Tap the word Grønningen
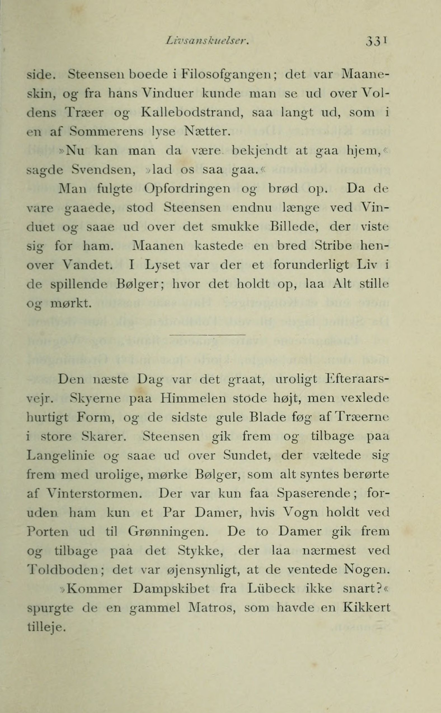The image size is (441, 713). click(x=168, y=532)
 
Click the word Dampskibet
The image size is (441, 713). click(x=171, y=589)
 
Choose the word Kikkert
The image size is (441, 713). click(x=367, y=608)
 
